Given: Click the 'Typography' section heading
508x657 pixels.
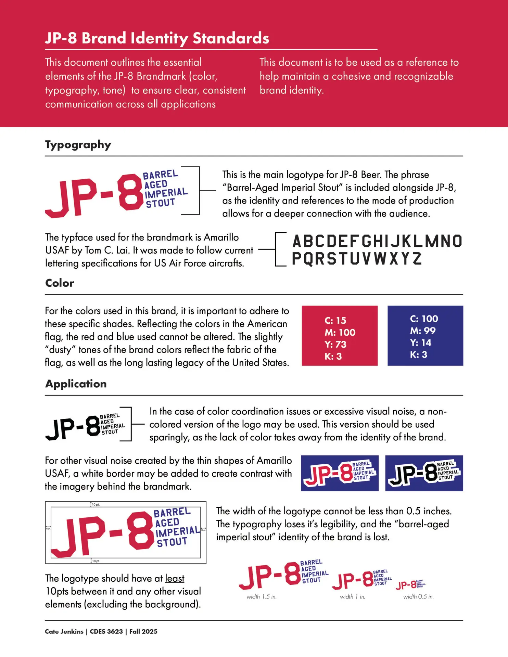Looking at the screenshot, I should click(x=78, y=145).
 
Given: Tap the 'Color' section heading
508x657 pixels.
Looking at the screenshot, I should click(x=60, y=283).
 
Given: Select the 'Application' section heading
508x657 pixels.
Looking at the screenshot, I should click(x=76, y=384).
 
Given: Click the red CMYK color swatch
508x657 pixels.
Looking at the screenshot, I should click(x=340, y=336).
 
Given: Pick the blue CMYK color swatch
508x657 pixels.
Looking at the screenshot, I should click(x=425, y=336).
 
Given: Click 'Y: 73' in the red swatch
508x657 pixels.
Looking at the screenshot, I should click(x=335, y=344).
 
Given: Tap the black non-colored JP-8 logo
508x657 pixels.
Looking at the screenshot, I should click(x=85, y=425).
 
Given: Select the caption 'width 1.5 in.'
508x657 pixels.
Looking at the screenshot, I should click(x=262, y=597).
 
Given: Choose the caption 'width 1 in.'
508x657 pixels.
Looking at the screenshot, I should click(x=353, y=597).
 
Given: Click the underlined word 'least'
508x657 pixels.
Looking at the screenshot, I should click(x=175, y=578).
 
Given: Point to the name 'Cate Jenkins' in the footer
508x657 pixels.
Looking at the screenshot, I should click(x=64, y=632).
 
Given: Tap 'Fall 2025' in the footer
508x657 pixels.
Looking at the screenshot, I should click(x=143, y=632).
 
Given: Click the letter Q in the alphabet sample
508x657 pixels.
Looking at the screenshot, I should click(x=307, y=259).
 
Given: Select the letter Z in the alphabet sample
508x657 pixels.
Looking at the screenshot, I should click(x=417, y=259).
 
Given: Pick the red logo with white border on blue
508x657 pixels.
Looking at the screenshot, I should click(x=340, y=473).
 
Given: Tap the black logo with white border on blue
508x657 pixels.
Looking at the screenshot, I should click(x=424, y=473).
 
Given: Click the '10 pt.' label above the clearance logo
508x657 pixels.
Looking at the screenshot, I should click(x=96, y=505).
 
